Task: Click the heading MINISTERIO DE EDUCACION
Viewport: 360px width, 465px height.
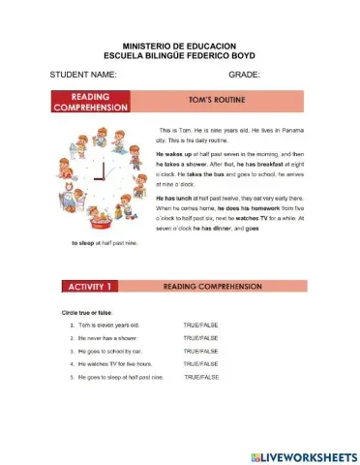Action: (x=180, y=46)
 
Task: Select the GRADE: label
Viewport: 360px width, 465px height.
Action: (x=245, y=75)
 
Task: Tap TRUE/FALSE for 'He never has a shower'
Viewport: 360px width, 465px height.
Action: (x=200, y=337)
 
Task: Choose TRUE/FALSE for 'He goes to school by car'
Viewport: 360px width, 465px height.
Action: (x=200, y=350)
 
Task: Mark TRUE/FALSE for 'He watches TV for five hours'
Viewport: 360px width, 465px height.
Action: (x=200, y=363)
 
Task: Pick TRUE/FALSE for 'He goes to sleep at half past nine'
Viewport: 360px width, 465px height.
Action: (x=201, y=376)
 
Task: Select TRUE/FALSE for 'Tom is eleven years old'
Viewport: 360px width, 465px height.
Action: (x=200, y=325)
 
